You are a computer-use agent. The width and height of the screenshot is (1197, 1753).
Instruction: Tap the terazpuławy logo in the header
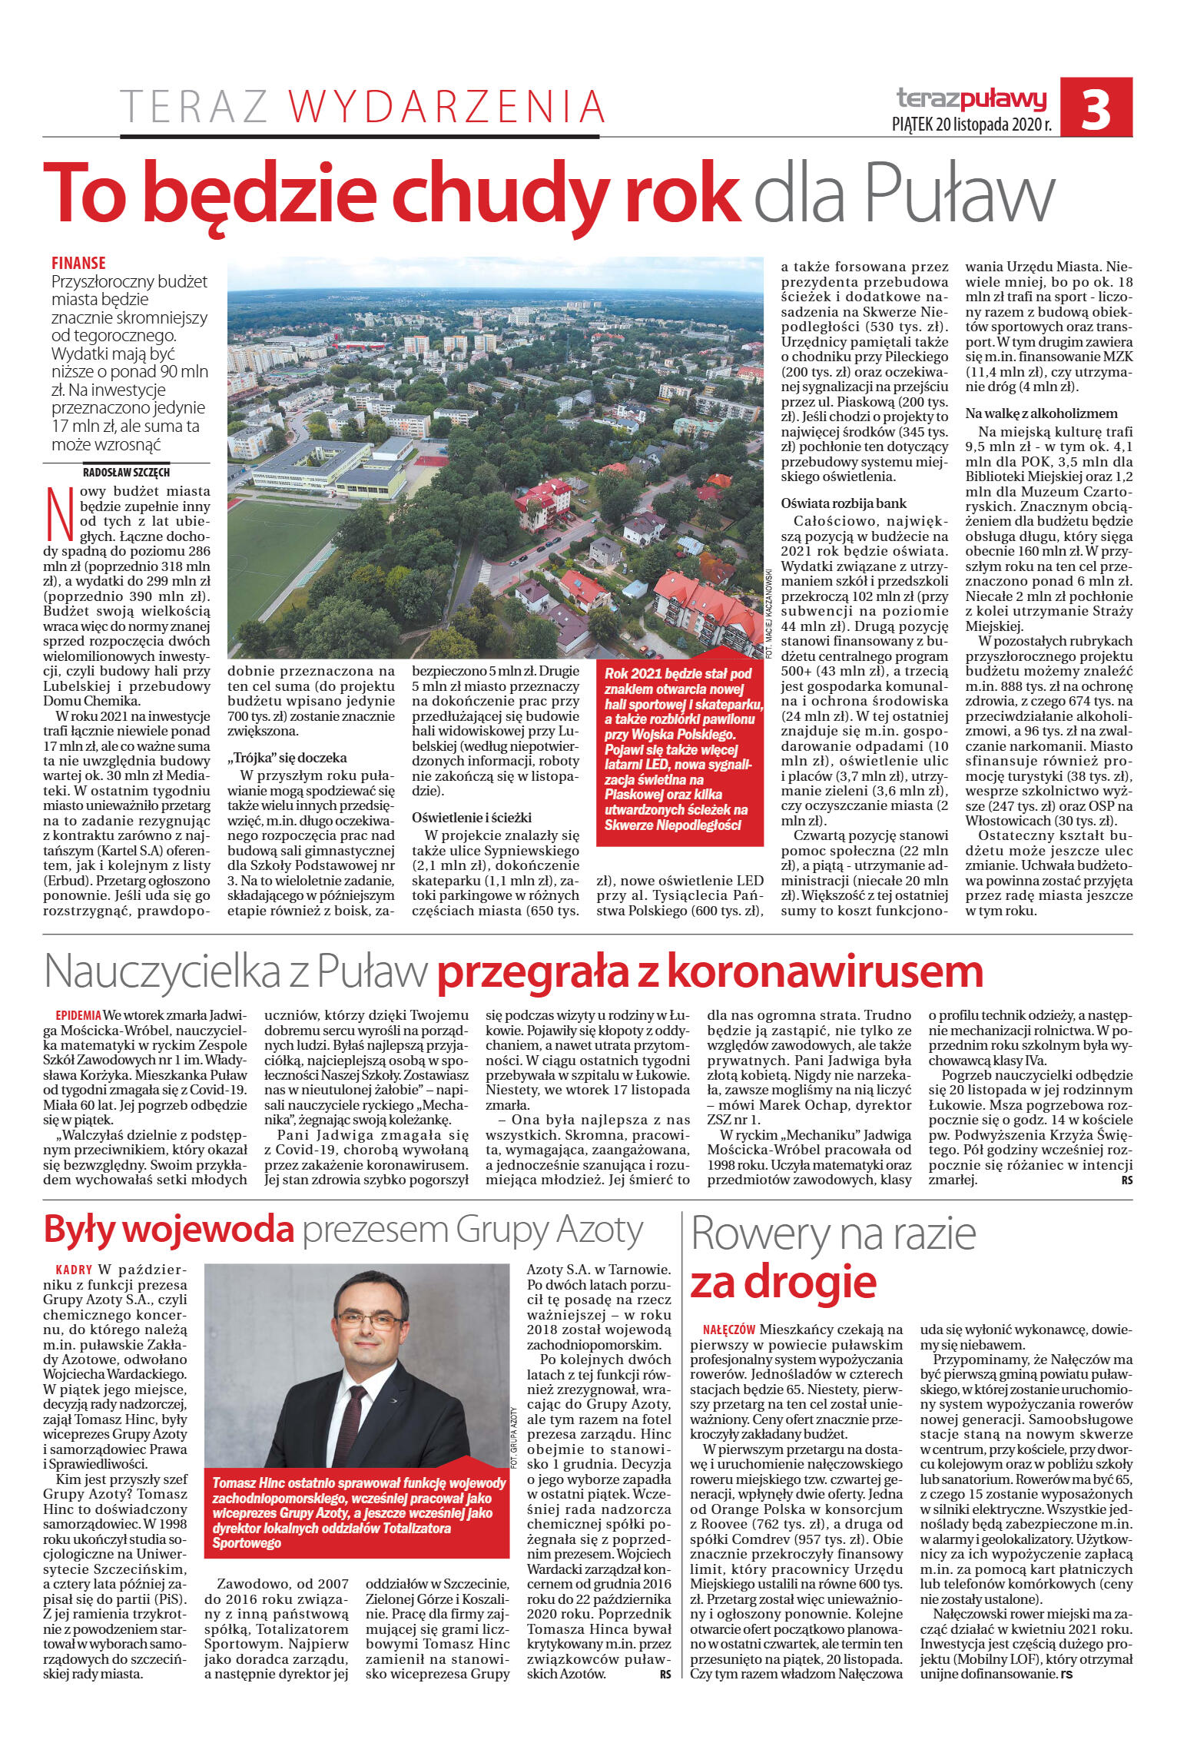click(x=972, y=98)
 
